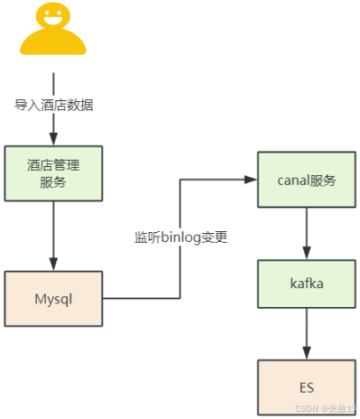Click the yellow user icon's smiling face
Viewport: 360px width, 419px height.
point(53,17)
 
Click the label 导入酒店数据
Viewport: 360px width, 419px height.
point(54,105)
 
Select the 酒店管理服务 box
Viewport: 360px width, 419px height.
point(54,173)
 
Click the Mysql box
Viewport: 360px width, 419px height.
point(54,297)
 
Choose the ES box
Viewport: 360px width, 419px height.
point(307,387)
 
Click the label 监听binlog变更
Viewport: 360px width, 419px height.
point(181,238)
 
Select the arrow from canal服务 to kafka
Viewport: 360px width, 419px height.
point(307,232)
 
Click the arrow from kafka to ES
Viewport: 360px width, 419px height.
point(307,334)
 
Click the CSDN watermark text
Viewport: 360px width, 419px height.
point(319,410)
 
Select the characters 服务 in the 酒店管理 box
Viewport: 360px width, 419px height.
point(54,182)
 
